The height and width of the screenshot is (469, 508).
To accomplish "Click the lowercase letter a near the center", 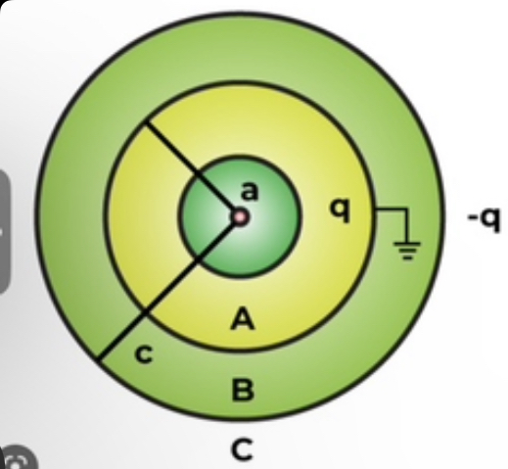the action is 250,191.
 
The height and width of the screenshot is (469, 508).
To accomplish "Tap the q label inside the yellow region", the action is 341,210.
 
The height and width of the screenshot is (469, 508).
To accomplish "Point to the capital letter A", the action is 243,318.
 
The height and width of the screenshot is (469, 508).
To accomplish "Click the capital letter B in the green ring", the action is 242,390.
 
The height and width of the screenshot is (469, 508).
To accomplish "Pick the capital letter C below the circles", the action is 242,449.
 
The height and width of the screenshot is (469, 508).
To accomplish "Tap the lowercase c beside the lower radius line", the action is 144,354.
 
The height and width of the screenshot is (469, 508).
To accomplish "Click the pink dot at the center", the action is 240,217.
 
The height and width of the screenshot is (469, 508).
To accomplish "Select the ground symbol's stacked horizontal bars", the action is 407,251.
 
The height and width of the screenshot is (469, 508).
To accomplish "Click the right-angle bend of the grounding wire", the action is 406,209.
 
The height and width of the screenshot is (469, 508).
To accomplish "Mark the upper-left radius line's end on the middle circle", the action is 146,121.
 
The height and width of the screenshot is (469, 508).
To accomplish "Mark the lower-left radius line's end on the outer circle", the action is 99,360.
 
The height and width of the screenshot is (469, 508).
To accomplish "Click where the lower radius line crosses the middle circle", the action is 146,312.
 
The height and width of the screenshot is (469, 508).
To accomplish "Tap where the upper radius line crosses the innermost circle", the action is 197,174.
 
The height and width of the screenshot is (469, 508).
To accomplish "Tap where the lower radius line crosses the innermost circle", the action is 197,259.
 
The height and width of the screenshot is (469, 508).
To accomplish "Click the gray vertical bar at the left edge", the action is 4,232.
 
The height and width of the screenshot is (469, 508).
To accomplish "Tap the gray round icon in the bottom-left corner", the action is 18,457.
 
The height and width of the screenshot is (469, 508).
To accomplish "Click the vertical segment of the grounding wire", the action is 406,225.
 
